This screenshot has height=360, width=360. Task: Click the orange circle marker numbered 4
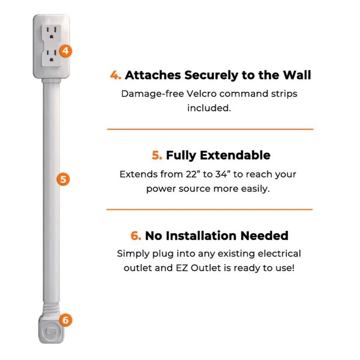click(x=66, y=50)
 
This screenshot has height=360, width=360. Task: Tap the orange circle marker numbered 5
click(x=64, y=179)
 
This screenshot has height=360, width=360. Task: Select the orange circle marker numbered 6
click(x=66, y=320)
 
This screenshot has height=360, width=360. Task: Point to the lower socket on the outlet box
click(x=52, y=56)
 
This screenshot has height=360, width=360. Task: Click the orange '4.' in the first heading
click(x=116, y=75)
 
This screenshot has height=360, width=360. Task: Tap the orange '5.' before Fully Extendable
click(x=157, y=155)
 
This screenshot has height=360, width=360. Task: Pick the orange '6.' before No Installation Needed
click(x=136, y=235)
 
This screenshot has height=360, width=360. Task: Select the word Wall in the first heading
click(x=296, y=75)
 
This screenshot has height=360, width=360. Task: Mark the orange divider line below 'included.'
click(x=210, y=129)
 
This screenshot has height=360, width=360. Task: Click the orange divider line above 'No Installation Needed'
click(x=209, y=209)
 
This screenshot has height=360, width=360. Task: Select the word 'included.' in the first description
click(x=209, y=108)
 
